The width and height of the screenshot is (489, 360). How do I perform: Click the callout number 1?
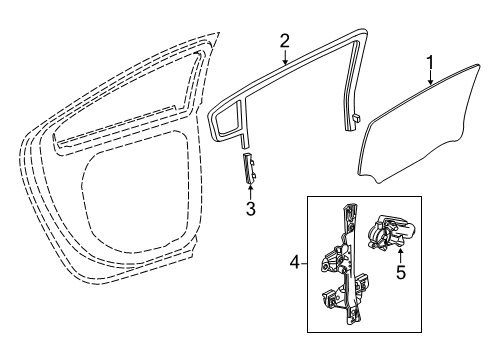tap(430, 67)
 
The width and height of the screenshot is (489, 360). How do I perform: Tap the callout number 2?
tap(284, 41)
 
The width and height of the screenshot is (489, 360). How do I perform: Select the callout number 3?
tap(251, 208)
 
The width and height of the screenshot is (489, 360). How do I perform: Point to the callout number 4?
tap(294, 265)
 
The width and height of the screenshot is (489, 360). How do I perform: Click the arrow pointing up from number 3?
tap(251, 191)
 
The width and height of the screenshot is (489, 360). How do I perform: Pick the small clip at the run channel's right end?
tap(357, 118)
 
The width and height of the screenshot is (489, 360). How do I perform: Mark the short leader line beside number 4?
tap(306, 265)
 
